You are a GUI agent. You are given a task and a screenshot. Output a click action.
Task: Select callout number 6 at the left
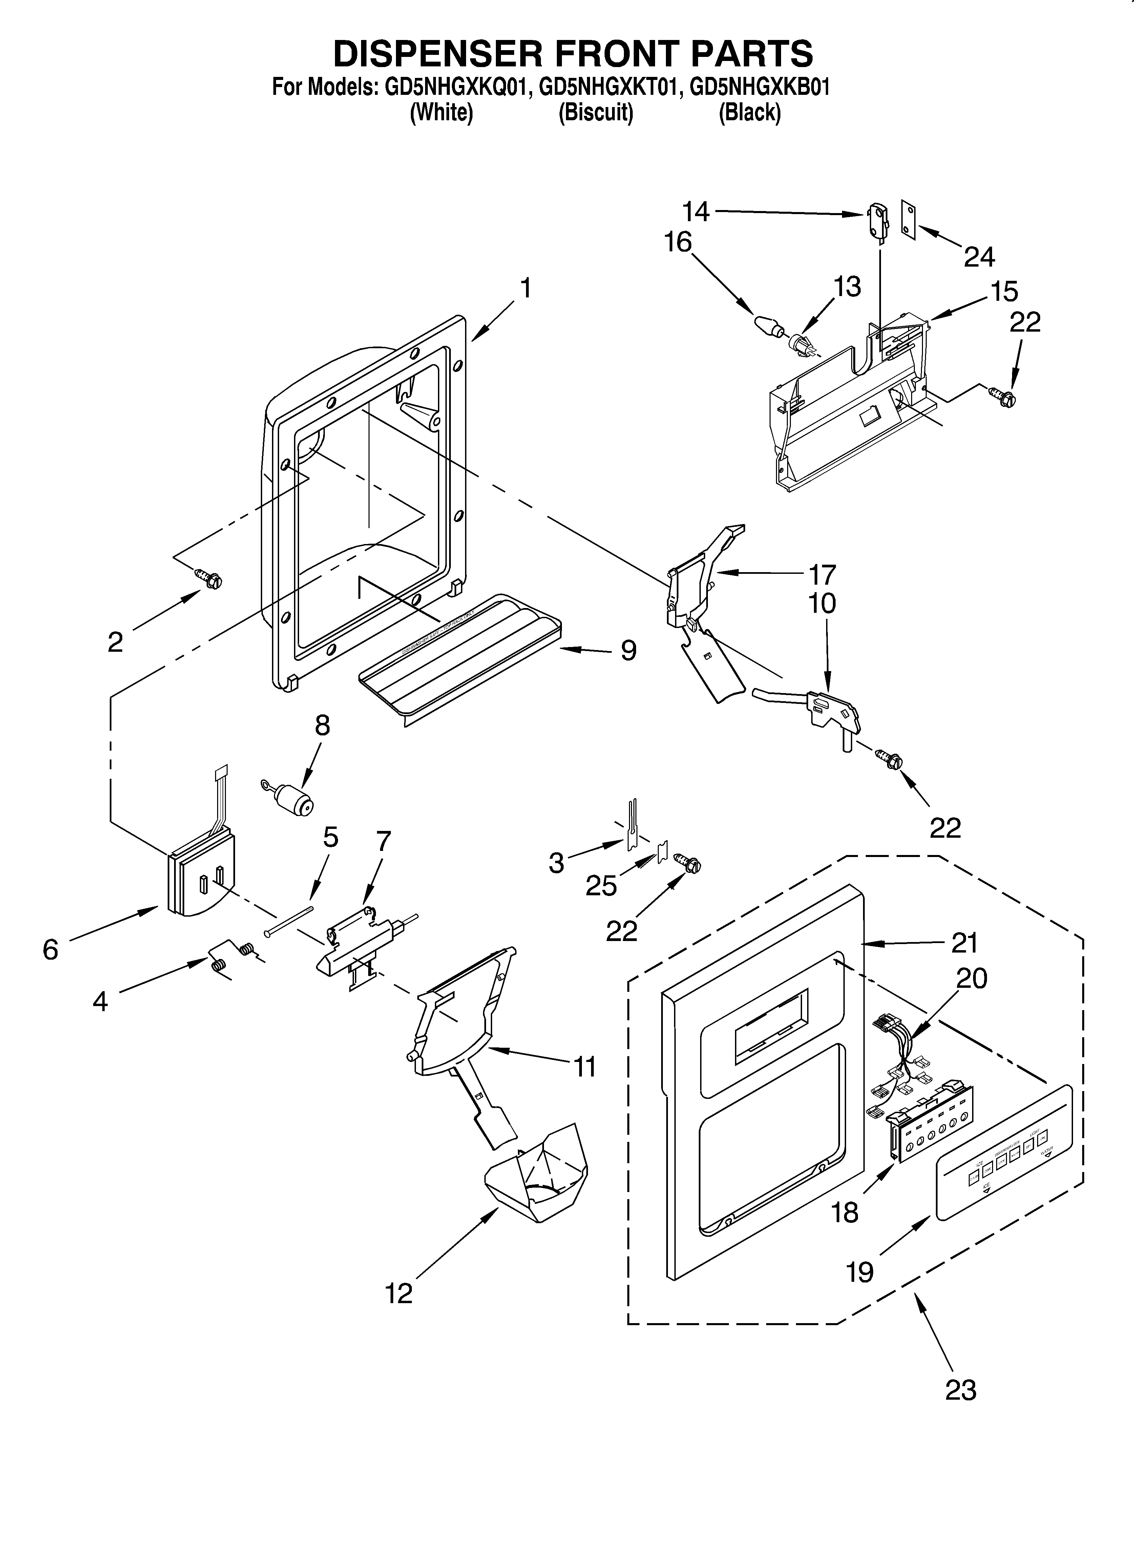click(50, 949)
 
